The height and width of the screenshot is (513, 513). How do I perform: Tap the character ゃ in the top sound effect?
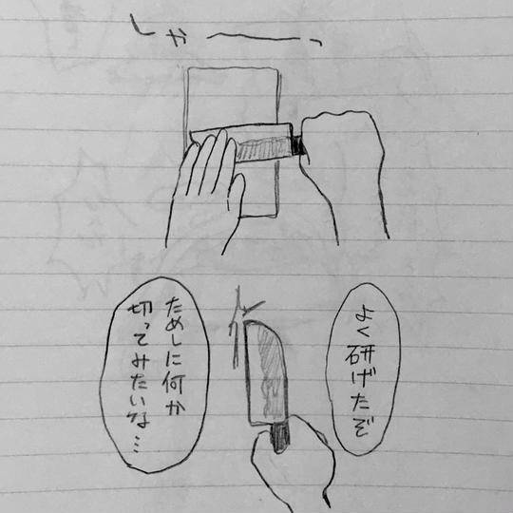pos(179,40)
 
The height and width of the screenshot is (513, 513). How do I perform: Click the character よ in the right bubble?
pos(359,313)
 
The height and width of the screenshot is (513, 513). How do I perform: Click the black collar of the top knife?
pos(298,145)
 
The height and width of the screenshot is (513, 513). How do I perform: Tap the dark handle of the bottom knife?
pos(280,438)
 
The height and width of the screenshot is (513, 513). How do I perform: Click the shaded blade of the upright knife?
pos(266,373)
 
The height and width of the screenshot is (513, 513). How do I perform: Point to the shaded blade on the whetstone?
pos(258,149)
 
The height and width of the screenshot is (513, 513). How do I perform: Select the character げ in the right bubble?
pos(362,381)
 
